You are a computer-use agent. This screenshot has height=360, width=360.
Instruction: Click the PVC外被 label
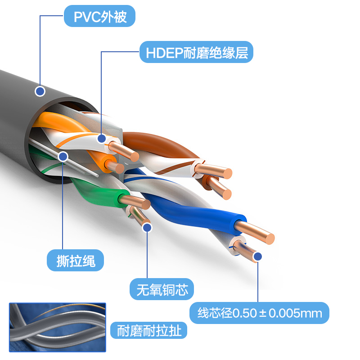click(99, 16)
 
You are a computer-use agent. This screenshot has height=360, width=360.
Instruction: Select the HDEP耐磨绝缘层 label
click(196, 52)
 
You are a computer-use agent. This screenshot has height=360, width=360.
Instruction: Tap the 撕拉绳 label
click(75, 261)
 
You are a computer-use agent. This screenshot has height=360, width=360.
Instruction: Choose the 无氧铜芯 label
click(162, 289)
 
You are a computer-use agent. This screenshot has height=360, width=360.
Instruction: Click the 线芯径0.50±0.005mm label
click(259, 313)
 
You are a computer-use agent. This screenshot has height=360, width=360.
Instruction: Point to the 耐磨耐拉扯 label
click(149, 330)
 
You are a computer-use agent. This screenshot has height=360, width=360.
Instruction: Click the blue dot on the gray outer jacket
click(40, 91)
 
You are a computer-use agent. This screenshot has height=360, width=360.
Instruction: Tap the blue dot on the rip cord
click(63, 157)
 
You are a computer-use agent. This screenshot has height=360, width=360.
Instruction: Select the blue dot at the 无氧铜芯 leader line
click(147, 228)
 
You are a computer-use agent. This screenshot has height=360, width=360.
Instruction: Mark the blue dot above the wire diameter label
click(258, 256)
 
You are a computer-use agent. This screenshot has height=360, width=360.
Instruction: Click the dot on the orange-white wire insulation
click(102, 139)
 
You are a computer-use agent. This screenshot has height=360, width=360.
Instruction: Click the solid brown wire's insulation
click(161, 144)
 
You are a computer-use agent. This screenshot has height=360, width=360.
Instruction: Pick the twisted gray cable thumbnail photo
click(58, 328)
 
